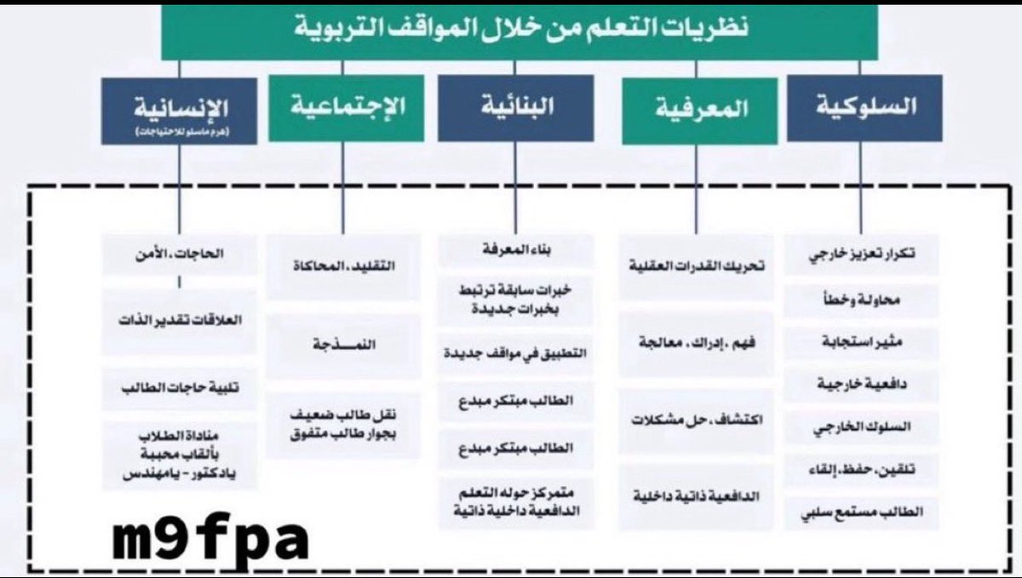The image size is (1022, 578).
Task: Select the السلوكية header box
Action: click(x=864, y=108)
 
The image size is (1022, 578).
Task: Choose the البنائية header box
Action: click(x=516, y=108)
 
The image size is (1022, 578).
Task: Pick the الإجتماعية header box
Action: click(x=346, y=108)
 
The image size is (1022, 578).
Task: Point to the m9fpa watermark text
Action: click(x=210, y=538)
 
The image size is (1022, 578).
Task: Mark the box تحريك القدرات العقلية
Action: click(x=698, y=266)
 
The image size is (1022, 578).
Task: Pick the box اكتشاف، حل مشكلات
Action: click(x=698, y=421)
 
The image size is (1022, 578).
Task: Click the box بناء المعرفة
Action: click(x=518, y=250)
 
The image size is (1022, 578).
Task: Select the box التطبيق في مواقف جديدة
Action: click(x=518, y=351)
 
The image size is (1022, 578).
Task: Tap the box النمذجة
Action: click(x=343, y=346)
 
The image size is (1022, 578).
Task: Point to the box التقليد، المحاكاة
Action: click(x=343, y=266)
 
